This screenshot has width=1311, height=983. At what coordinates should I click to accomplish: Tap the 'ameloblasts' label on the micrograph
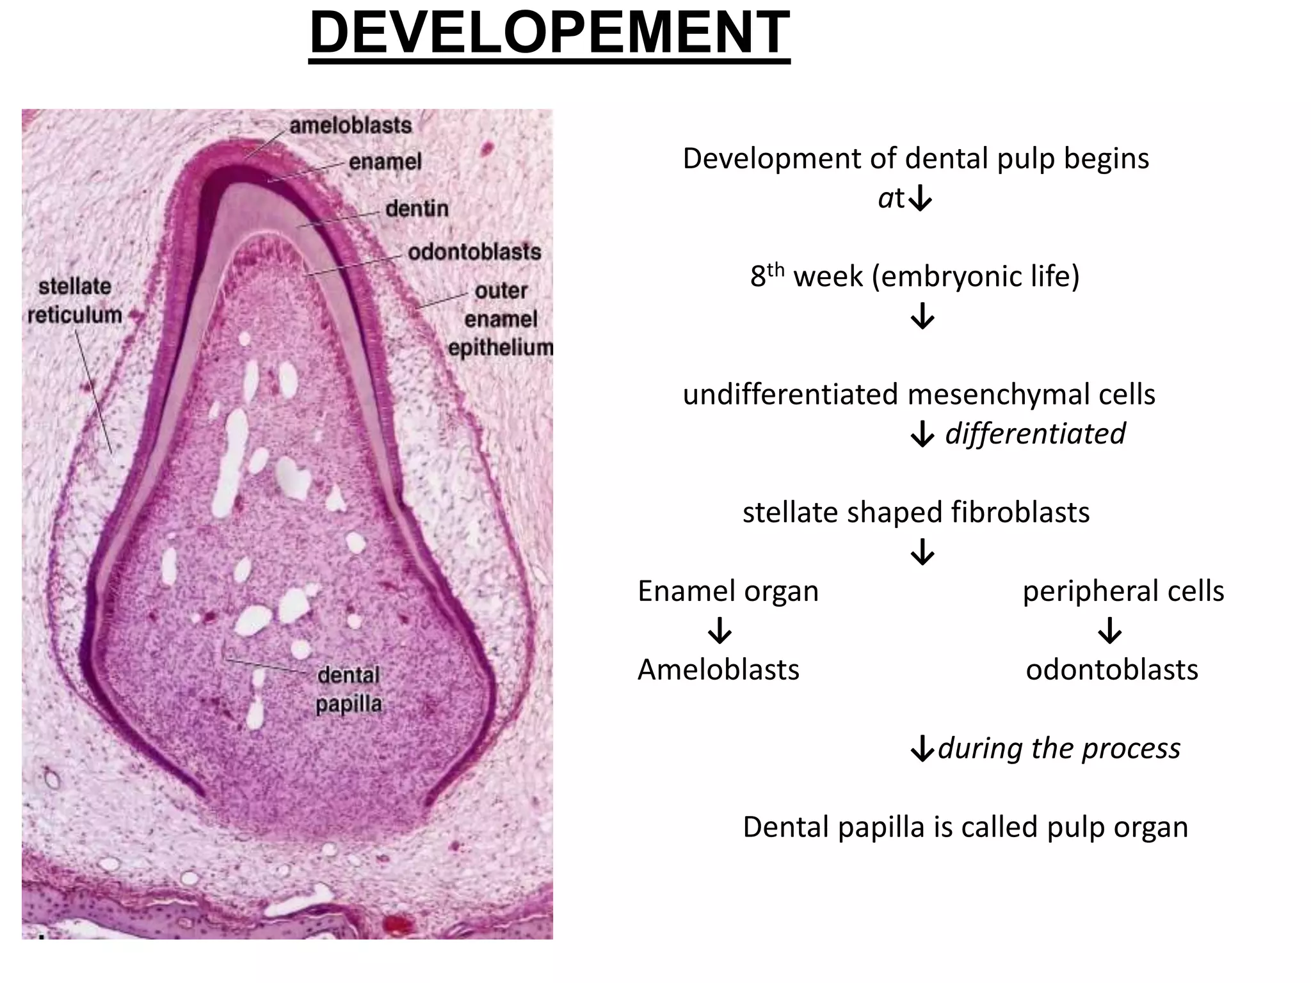(351, 125)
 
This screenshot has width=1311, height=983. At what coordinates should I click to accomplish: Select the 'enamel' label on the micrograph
(385, 162)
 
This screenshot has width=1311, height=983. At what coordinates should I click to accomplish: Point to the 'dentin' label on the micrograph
(417, 209)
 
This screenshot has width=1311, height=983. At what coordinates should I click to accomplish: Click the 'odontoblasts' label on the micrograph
(474, 252)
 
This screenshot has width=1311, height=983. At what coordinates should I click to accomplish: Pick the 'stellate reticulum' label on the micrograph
(75, 301)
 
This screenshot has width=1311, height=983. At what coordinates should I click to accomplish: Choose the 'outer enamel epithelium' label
(501, 319)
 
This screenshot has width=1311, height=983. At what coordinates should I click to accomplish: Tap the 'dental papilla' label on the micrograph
(349, 689)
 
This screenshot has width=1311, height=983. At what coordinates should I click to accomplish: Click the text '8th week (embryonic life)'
(915, 276)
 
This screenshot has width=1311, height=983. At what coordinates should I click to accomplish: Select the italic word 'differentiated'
(1035, 433)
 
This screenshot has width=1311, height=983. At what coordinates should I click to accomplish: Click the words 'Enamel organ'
(728, 591)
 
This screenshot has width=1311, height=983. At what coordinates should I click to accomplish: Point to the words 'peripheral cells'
(1123, 591)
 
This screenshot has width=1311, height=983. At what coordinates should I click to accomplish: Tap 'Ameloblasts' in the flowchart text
(718, 669)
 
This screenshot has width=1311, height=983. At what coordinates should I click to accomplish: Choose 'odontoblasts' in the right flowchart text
(1112, 669)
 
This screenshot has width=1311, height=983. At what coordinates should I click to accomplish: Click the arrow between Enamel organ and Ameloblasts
(720, 630)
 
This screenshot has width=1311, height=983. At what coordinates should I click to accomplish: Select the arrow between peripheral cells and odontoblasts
(1110, 630)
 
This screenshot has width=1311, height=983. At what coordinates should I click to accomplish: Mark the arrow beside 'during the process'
(922, 749)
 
